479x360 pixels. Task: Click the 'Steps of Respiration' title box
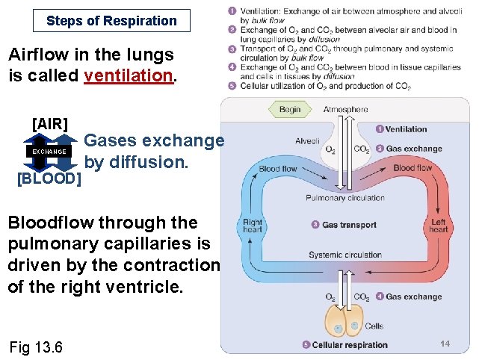pyautogui.click(x=111, y=20)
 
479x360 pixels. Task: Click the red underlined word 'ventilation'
pyautogui.click(x=132, y=75)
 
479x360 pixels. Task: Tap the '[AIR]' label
pyautogui.click(x=49, y=123)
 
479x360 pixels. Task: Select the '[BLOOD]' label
pyautogui.click(x=49, y=179)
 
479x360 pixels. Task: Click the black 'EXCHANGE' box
pyautogui.click(x=49, y=152)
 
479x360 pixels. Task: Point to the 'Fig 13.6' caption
pyautogui.click(x=37, y=347)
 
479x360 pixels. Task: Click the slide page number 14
pyautogui.click(x=445, y=344)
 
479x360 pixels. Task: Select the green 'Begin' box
pyautogui.click(x=289, y=109)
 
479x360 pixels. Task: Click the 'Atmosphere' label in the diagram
pyautogui.click(x=345, y=109)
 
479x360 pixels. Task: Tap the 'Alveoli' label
pyautogui.click(x=307, y=140)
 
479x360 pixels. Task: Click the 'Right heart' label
pyautogui.click(x=253, y=226)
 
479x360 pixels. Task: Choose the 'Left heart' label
pyautogui.click(x=439, y=226)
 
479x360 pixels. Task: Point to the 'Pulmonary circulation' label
pyautogui.click(x=345, y=198)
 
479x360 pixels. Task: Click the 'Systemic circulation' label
pyautogui.click(x=345, y=255)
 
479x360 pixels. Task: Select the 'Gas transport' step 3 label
pyautogui.click(x=348, y=225)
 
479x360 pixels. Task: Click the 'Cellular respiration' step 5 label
pyautogui.click(x=349, y=345)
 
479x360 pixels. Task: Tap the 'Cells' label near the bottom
pyautogui.click(x=374, y=326)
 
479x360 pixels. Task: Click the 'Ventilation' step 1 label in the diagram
pyautogui.click(x=406, y=129)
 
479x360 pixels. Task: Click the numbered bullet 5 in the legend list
pyautogui.click(x=232, y=86)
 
